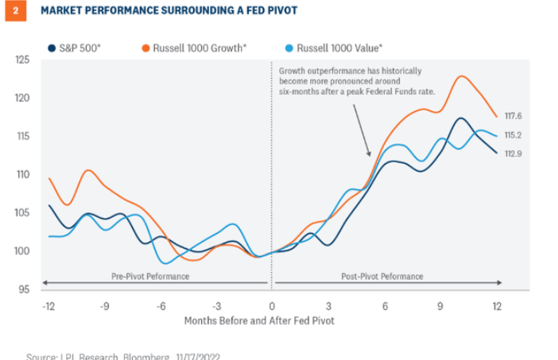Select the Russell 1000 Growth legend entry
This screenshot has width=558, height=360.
pos(193,48)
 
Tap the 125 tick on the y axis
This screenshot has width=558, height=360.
pos(22,60)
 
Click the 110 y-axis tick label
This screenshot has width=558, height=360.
pos(22,174)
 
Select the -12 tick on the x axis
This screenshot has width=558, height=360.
pos(48,305)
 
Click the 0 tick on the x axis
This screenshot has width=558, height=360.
pos(272,305)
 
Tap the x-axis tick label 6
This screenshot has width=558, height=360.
pos(386,305)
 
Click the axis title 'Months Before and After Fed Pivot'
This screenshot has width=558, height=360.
pos(259,320)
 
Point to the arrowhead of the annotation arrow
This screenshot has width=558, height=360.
pos(368,154)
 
